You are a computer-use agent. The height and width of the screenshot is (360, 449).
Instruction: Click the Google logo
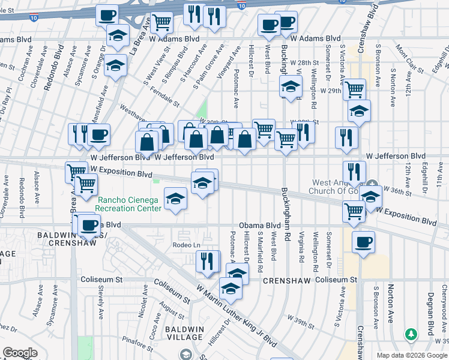point(20,353)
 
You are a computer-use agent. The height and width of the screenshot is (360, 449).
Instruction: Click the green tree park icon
point(411,333)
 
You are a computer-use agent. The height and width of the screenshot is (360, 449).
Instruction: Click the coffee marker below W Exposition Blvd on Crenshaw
point(363,242)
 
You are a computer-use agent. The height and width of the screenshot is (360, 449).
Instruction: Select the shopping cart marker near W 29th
point(354,90)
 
